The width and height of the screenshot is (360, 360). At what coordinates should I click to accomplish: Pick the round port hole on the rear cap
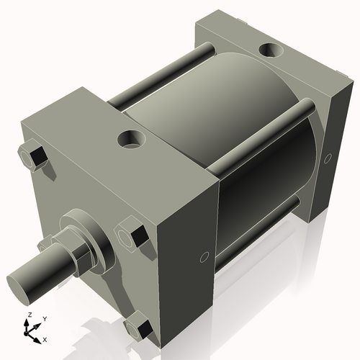[x=273, y=51]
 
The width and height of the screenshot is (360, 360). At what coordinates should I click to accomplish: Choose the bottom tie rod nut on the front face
[x=139, y=328]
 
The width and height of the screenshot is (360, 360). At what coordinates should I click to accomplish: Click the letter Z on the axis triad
[x=28, y=315]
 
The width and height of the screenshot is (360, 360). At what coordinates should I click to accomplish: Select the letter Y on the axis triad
[x=44, y=318]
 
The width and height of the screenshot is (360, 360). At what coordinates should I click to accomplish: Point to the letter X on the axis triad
[x=45, y=338]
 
